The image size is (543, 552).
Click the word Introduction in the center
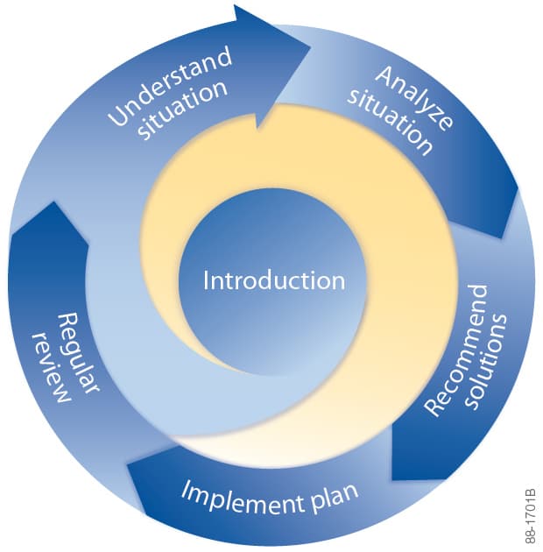[x=273, y=281]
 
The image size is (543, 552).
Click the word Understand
[x=171, y=87]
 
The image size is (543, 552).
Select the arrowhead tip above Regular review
[x=54, y=203]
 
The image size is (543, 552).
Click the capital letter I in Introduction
[x=206, y=281]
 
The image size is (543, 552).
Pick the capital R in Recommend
[x=430, y=410]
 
